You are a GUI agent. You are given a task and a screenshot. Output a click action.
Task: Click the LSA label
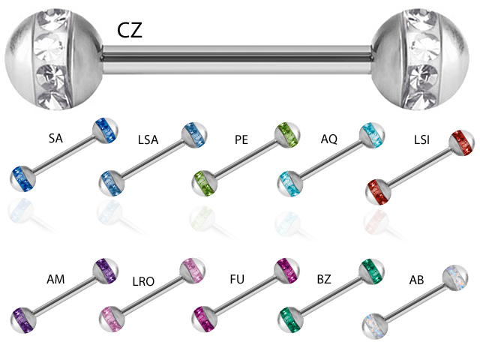pos(148,140)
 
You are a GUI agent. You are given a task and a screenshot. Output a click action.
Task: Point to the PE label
pos(241,140)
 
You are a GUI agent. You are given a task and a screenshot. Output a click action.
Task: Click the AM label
pos(55,279)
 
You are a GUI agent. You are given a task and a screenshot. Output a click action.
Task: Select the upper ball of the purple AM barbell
pos(104,268)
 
